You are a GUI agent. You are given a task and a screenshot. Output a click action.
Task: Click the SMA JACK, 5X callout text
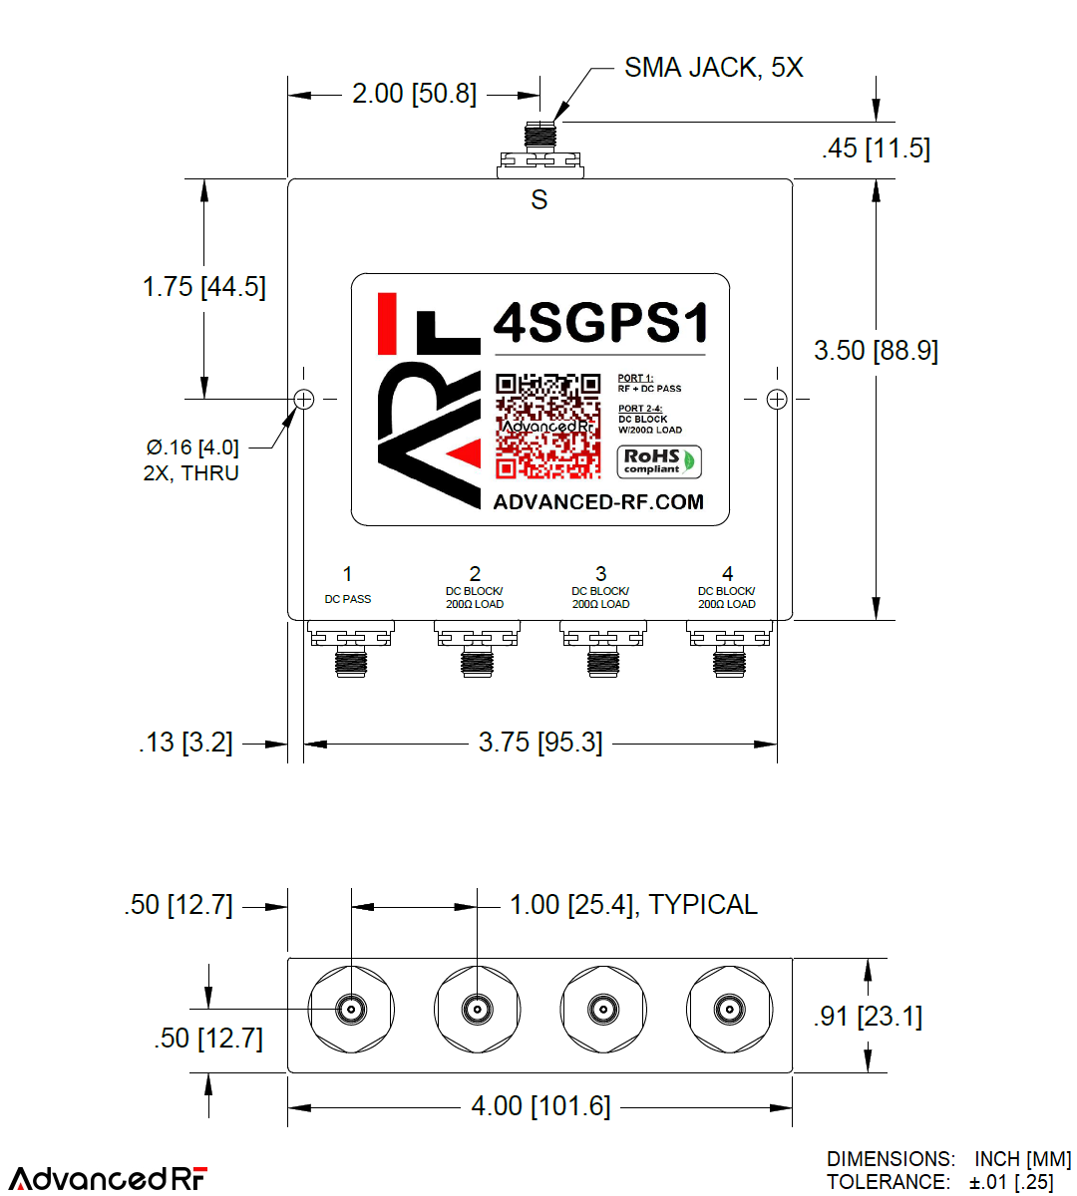tap(713, 68)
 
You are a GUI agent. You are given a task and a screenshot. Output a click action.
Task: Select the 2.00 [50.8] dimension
tap(414, 95)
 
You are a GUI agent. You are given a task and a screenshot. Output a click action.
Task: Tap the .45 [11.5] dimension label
tap(876, 149)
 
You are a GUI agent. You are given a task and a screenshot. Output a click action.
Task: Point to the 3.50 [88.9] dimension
tap(876, 351)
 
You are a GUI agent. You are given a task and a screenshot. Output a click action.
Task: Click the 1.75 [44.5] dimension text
tap(203, 287)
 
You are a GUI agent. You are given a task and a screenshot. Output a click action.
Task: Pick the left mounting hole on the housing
tap(304, 400)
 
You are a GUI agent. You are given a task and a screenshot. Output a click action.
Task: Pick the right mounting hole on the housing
tap(777, 400)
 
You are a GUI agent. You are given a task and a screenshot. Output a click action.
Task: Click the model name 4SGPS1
tap(601, 323)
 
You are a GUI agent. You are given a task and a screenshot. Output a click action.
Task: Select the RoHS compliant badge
tap(658, 461)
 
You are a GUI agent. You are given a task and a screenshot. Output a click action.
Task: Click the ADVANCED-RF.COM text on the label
tap(598, 502)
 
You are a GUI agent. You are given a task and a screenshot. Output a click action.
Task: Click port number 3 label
tap(600, 574)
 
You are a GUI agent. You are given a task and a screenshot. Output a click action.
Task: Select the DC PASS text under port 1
tap(347, 600)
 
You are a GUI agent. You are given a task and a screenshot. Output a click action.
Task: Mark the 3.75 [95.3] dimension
tap(540, 743)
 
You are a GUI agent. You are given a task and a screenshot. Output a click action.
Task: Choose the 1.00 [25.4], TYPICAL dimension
tap(633, 905)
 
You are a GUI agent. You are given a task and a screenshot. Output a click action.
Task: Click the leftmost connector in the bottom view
tap(351, 1010)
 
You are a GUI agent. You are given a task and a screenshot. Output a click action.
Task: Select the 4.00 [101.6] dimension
tap(540, 1106)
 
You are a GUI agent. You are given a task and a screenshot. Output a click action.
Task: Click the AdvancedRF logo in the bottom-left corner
tap(108, 1178)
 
